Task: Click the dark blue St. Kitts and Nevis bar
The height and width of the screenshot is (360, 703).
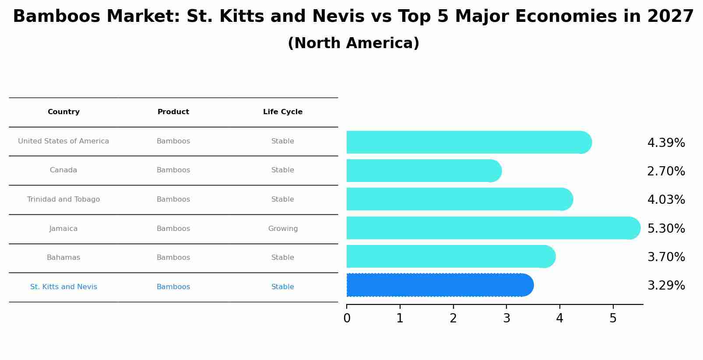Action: pyautogui.click(x=438, y=285)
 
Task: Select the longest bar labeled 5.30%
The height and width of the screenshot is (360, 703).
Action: pyautogui.click(x=490, y=228)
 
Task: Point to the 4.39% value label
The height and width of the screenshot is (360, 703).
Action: pyautogui.click(x=666, y=143)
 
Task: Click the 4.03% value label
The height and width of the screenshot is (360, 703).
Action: pyautogui.click(x=666, y=200)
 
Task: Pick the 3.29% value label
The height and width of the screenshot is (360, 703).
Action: pyautogui.click(x=666, y=286)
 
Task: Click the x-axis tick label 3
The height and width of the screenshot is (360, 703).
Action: pyautogui.click(x=506, y=318)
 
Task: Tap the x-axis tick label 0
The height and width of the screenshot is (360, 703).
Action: pyautogui.click(x=347, y=318)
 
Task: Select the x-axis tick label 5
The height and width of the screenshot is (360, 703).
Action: pyautogui.click(x=613, y=318)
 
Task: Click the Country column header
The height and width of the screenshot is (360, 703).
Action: pyautogui.click(x=63, y=112)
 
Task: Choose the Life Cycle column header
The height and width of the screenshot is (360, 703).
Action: pyautogui.click(x=283, y=112)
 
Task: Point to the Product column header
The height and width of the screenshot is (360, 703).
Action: pyautogui.click(x=173, y=112)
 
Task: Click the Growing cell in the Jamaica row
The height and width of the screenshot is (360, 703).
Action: pyautogui.click(x=283, y=229)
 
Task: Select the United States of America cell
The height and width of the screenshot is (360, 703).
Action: pyautogui.click(x=63, y=141)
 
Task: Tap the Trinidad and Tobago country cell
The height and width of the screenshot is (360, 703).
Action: pyautogui.click(x=63, y=199)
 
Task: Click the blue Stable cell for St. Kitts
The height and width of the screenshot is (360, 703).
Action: pyautogui.click(x=283, y=287)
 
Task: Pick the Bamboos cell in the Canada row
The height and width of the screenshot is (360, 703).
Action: pyautogui.click(x=173, y=170)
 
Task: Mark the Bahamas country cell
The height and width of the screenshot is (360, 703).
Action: pyautogui.click(x=63, y=258)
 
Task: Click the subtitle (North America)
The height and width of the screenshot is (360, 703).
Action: pyautogui.click(x=353, y=43)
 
